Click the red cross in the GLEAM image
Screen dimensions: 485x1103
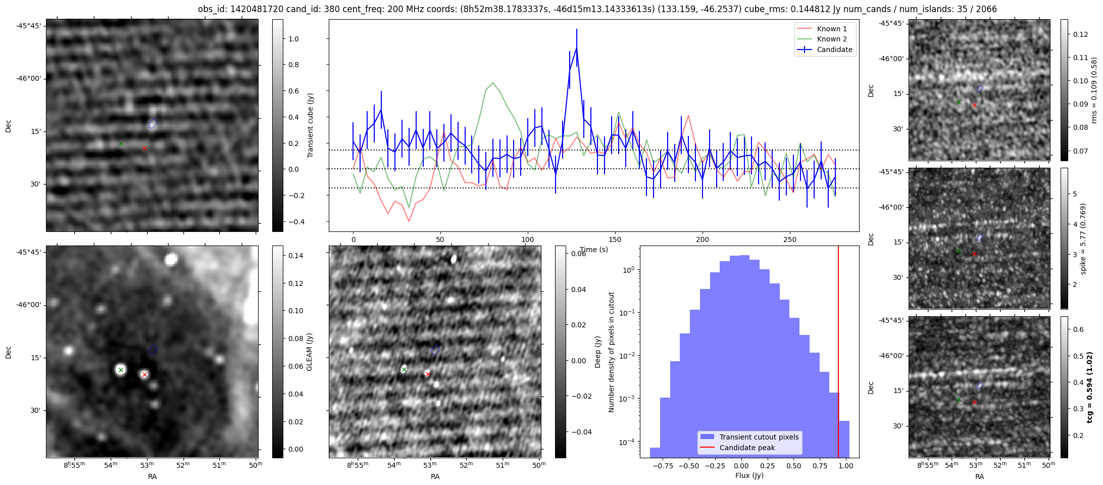point(144,374)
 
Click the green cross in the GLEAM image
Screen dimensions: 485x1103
point(121,370)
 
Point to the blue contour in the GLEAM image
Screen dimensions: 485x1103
point(153,350)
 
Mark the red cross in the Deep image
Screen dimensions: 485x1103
point(428,374)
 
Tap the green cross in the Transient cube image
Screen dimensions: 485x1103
point(121,143)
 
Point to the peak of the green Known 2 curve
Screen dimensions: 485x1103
point(492,83)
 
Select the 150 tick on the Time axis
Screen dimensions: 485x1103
point(615,239)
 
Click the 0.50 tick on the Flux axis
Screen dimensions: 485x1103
point(793,466)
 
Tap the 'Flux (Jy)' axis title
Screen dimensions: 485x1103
point(749,475)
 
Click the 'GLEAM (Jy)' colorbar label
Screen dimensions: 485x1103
point(310,352)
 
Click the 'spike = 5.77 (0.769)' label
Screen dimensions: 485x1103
point(1083,239)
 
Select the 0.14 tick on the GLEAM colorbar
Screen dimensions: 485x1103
point(292,256)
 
